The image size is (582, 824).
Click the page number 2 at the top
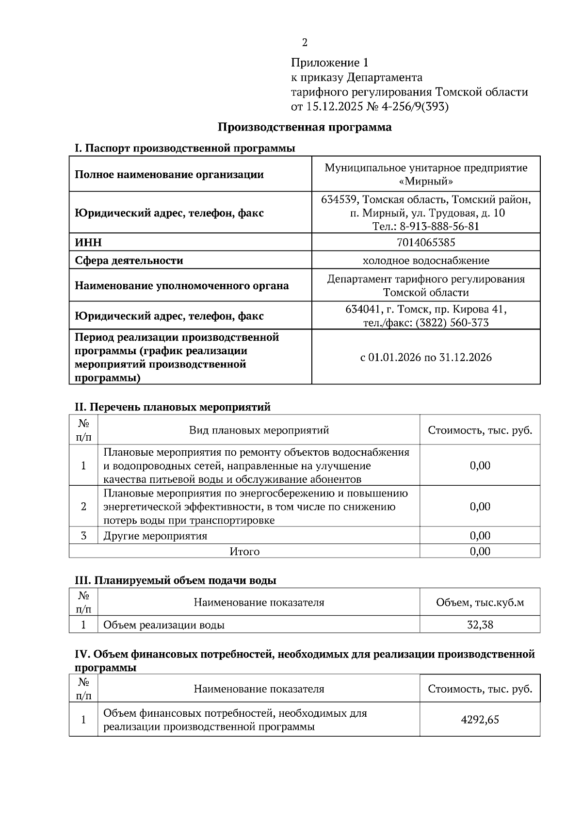click(305, 43)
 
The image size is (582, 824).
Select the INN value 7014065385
click(425, 242)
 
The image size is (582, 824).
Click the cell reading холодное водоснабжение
click(425, 261)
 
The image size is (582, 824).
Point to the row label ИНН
click(88, 242)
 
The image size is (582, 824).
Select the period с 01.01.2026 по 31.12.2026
click(425, 358)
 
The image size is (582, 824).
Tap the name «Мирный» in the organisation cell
click(425, 181)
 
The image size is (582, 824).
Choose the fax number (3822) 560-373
click(452, 323)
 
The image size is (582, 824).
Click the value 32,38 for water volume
click(480, 625)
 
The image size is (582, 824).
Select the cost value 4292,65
click(480, 719)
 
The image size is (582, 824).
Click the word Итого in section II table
click(244, 552)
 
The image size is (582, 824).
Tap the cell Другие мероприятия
click(155, 536)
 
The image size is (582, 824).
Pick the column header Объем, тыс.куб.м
click(480, 603)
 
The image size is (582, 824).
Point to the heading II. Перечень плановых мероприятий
click(172, 407)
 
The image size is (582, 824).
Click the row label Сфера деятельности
click(129, 261)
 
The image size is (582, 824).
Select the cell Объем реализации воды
click(164, 625)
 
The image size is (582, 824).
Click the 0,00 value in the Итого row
click(480, 552)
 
